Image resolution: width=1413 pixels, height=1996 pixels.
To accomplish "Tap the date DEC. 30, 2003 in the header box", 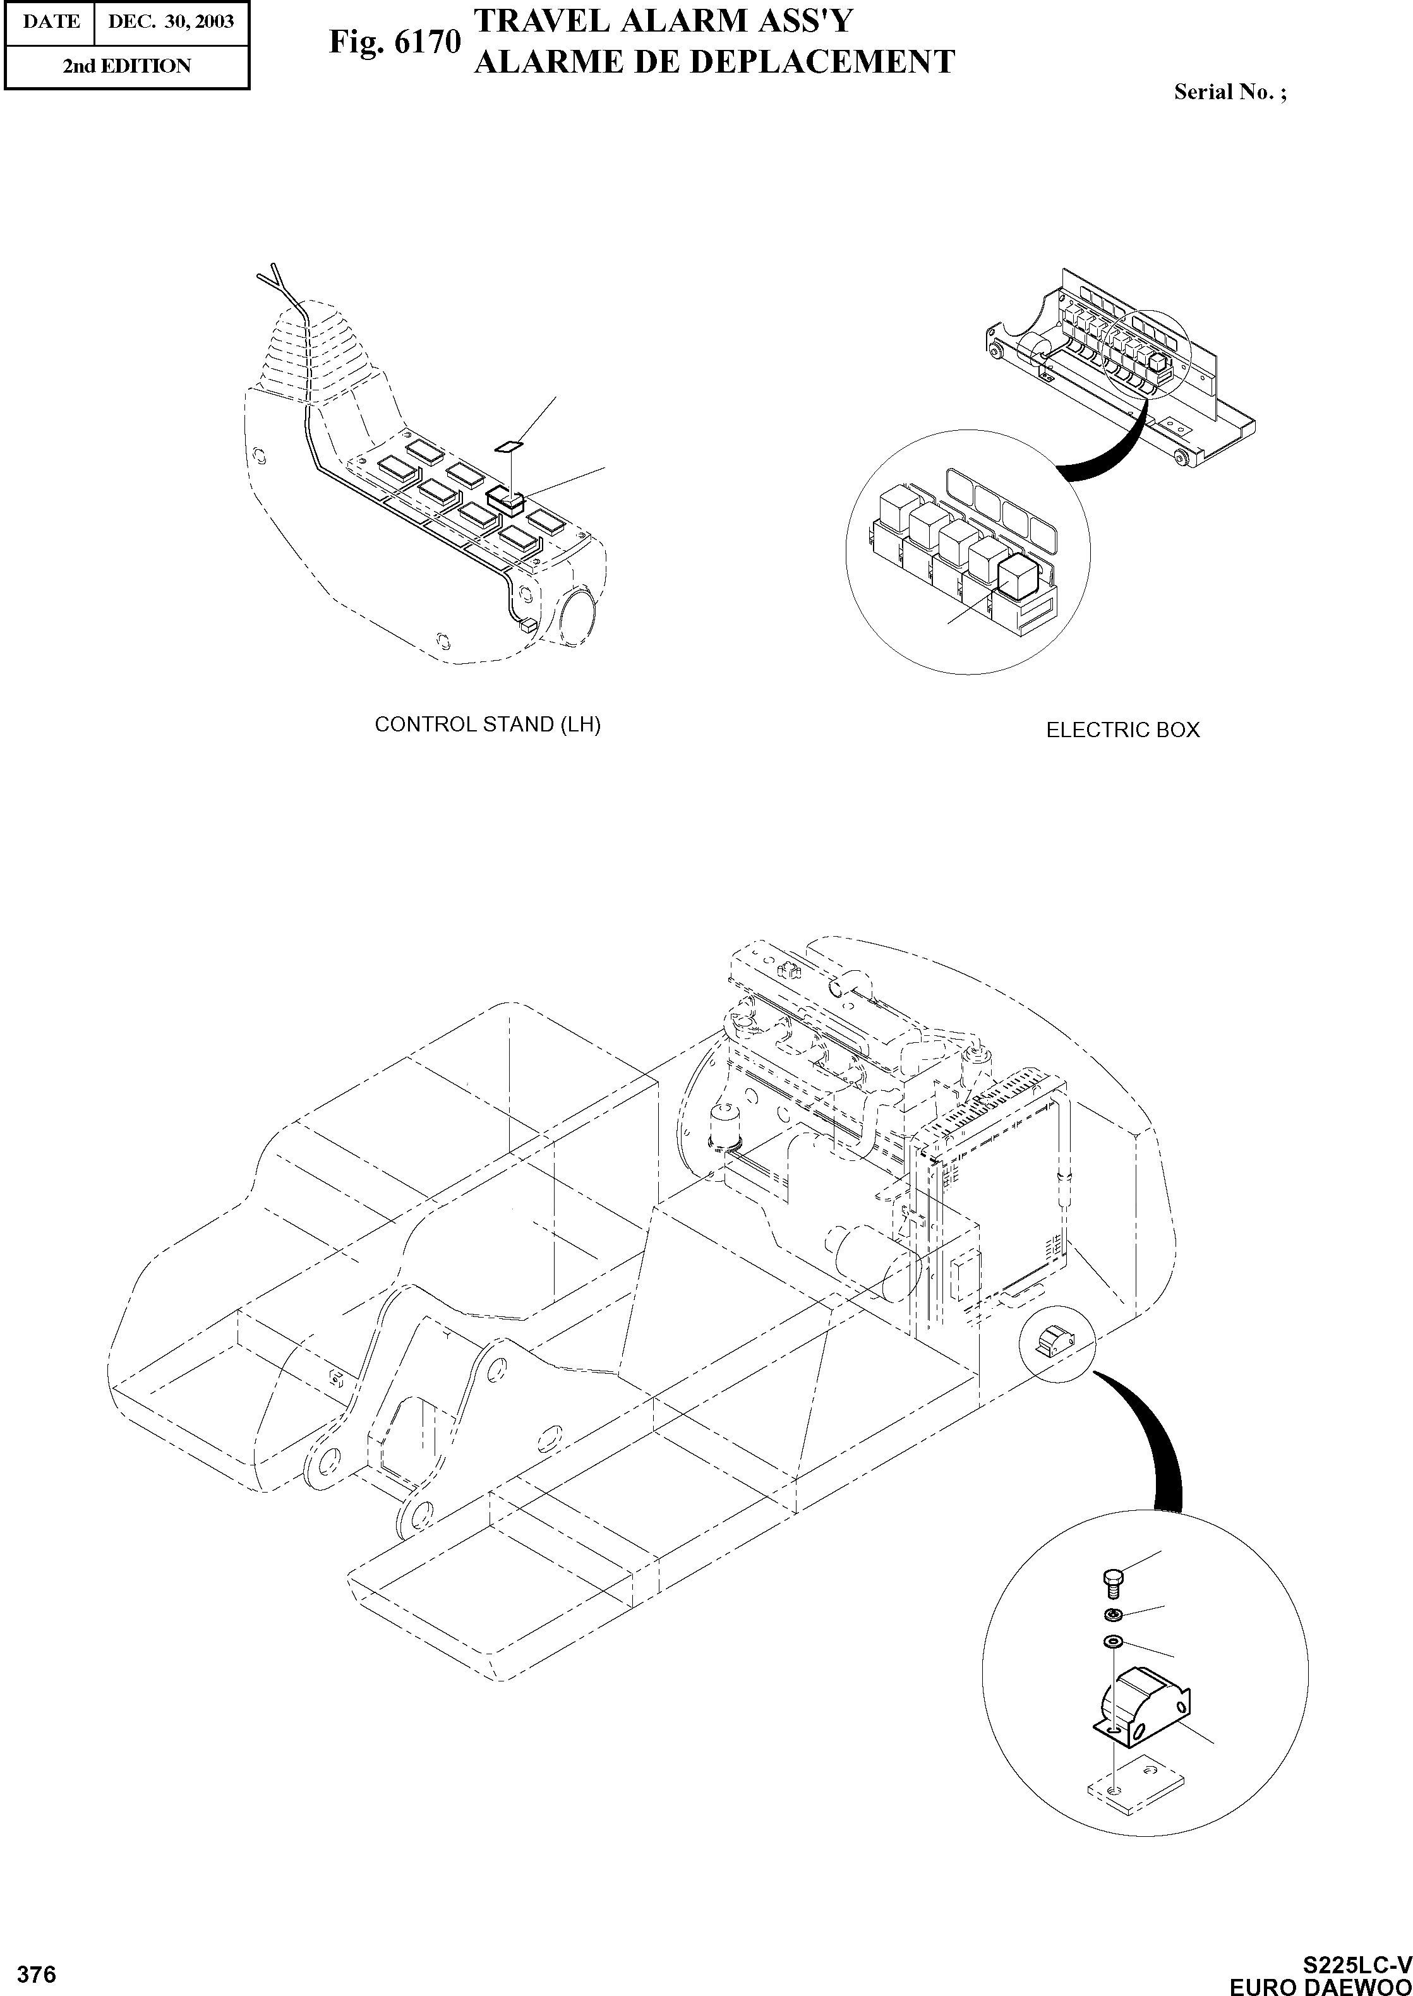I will tap(171, 21).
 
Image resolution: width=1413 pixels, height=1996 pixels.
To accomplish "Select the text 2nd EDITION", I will tap(127, 66).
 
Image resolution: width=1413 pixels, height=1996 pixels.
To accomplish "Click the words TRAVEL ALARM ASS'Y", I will tap(663, 21).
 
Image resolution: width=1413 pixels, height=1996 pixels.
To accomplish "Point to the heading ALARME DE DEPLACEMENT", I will tap(714, 62).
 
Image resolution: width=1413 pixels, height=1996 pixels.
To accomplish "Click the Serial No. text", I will tap(1229, 92).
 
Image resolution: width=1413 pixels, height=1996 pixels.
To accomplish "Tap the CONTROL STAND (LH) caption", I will tap(487, 724).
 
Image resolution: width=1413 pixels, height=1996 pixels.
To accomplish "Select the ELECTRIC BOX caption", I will tap(1122, 730).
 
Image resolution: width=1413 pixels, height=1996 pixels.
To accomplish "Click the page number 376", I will tap(37, 1975).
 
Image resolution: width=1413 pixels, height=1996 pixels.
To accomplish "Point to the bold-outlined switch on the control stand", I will tap(505, 498).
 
